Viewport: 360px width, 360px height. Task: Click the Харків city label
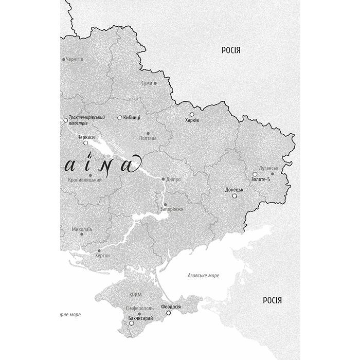pyautogui.click(x=192, y=120)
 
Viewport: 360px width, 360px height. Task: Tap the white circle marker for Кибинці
pyautogui.click(x=120, y=118)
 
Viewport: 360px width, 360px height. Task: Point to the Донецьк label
pyautogui.click(x=234, y=190)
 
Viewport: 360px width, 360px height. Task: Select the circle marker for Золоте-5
pyautogui.click(x=255, y=174)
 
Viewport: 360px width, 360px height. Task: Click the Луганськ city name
pyautogui.click(x=269, y=168)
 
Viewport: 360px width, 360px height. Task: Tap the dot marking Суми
pyautogui.click(x=155, y=83)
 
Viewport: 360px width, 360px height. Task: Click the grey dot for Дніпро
pyautogui.click(x=164, y=179)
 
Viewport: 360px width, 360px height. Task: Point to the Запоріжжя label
pyautogui.click(x=172, y=209)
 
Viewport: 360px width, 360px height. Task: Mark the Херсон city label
pyautogui.click(x=102, y=255)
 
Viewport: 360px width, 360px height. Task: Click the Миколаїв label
pyautogui.click(x=82, y=229)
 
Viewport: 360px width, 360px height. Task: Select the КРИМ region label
pyautogui.click(x=136, y=295)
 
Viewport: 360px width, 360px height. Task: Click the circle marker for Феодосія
pyautogui.click(x=169, y=313)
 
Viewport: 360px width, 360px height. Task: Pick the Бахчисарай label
pyautogui.click(x=140, y=319)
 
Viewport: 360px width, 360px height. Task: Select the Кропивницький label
pyautogui.click(x=85, y=180)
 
